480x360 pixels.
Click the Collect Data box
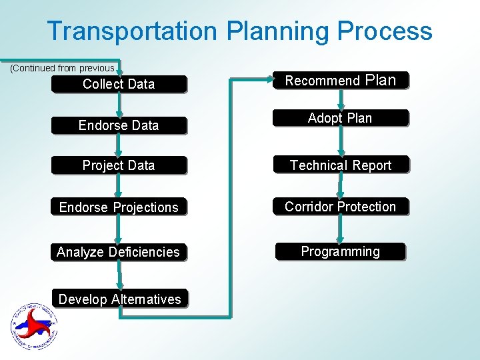click(x=119, y=84)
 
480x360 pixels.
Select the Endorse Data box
click(x=119, y=125)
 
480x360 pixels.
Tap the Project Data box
click(x=119, y=165)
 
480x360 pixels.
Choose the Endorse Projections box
click(x=119, y=207)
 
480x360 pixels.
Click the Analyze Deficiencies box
click(x=119, y=252)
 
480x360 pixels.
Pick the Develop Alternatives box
click(x=120, y=299)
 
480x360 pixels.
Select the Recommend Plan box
click(x=341, y=81)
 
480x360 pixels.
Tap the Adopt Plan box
click(x=340, y=118)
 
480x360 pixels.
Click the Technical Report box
click(x=341, y=165)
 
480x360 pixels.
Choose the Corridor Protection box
click(x=340, y=207)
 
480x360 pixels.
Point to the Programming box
click(x=340, y=251)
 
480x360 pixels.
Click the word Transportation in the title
click(x=132, y=31)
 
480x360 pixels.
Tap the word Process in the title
click(x=385, y=31)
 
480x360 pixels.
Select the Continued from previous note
click(x=63, y=68)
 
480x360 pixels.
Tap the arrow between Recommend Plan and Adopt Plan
click(x=341, y=99)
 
